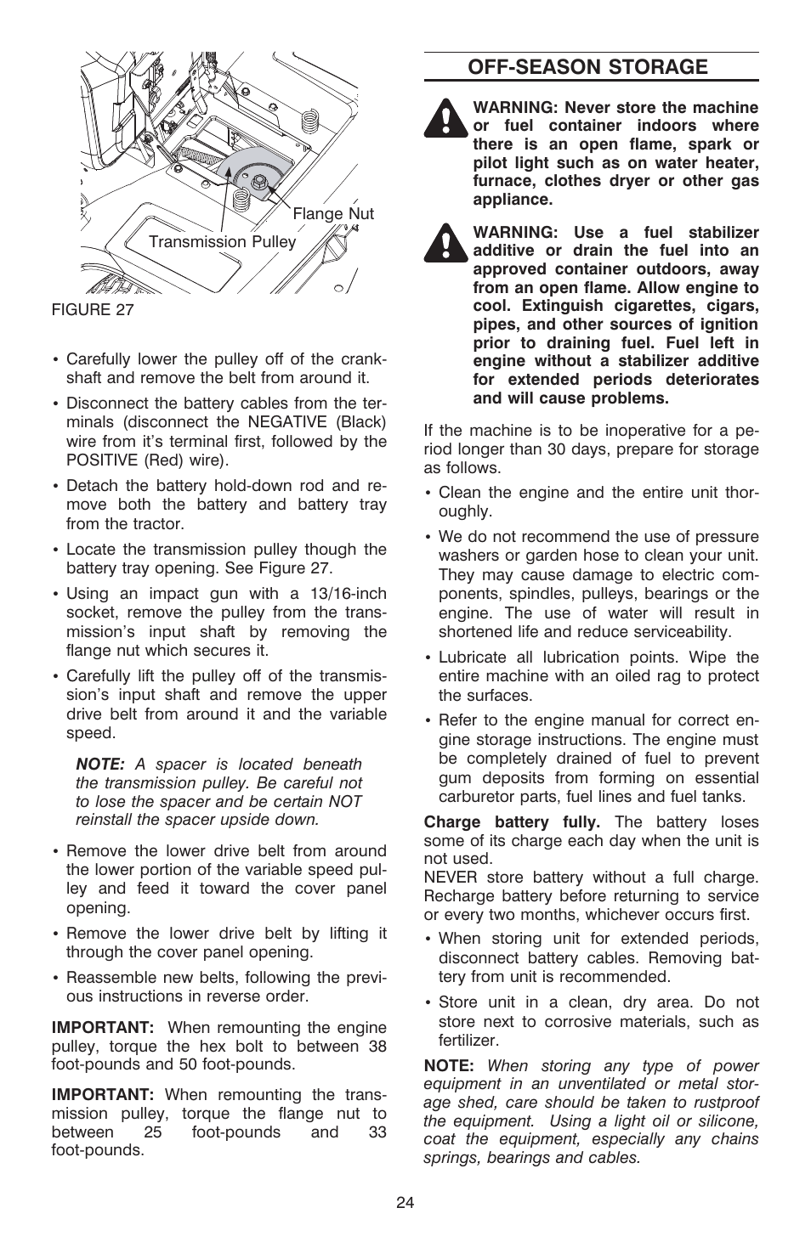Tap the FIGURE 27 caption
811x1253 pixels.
(93, 309)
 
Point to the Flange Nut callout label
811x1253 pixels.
(333, 214)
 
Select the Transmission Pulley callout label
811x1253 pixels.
(223, 242)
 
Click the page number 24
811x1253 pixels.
(405, 1202)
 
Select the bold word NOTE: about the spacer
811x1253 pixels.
(100, 765)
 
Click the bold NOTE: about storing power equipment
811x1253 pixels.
(449, 1065)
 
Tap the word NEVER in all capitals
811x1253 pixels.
(451, 878)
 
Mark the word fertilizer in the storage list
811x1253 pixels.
(468, 1041)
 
